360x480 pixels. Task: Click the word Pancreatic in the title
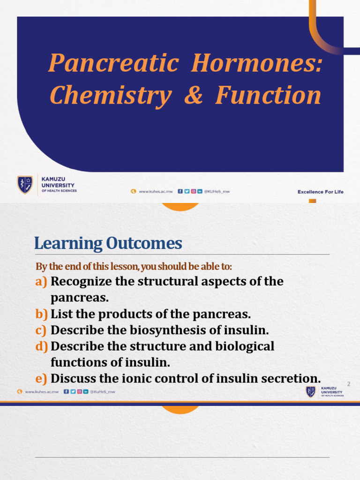click(x=112, y=63)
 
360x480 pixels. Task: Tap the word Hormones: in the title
click(x=257, y=63)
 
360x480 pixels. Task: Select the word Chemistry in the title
click(x=110, y=96)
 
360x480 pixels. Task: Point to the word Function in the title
click(x=268, y=96)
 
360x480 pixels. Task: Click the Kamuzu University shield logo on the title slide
click(x=25, y=184)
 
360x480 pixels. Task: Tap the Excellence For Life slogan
click(x=320, y=192)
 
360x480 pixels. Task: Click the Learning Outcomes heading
click(x=108, y=243)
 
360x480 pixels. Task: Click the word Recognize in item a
click(x=80, y=282)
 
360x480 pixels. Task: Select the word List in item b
click(x=61, y=314)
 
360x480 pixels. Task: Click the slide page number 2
click(x=348, y=384)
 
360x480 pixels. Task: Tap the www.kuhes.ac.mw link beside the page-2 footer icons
click(x=42, y=392)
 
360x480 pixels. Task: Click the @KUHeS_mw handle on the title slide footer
click(x=217, y=191)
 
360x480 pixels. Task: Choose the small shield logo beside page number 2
click(x=310, y=392)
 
